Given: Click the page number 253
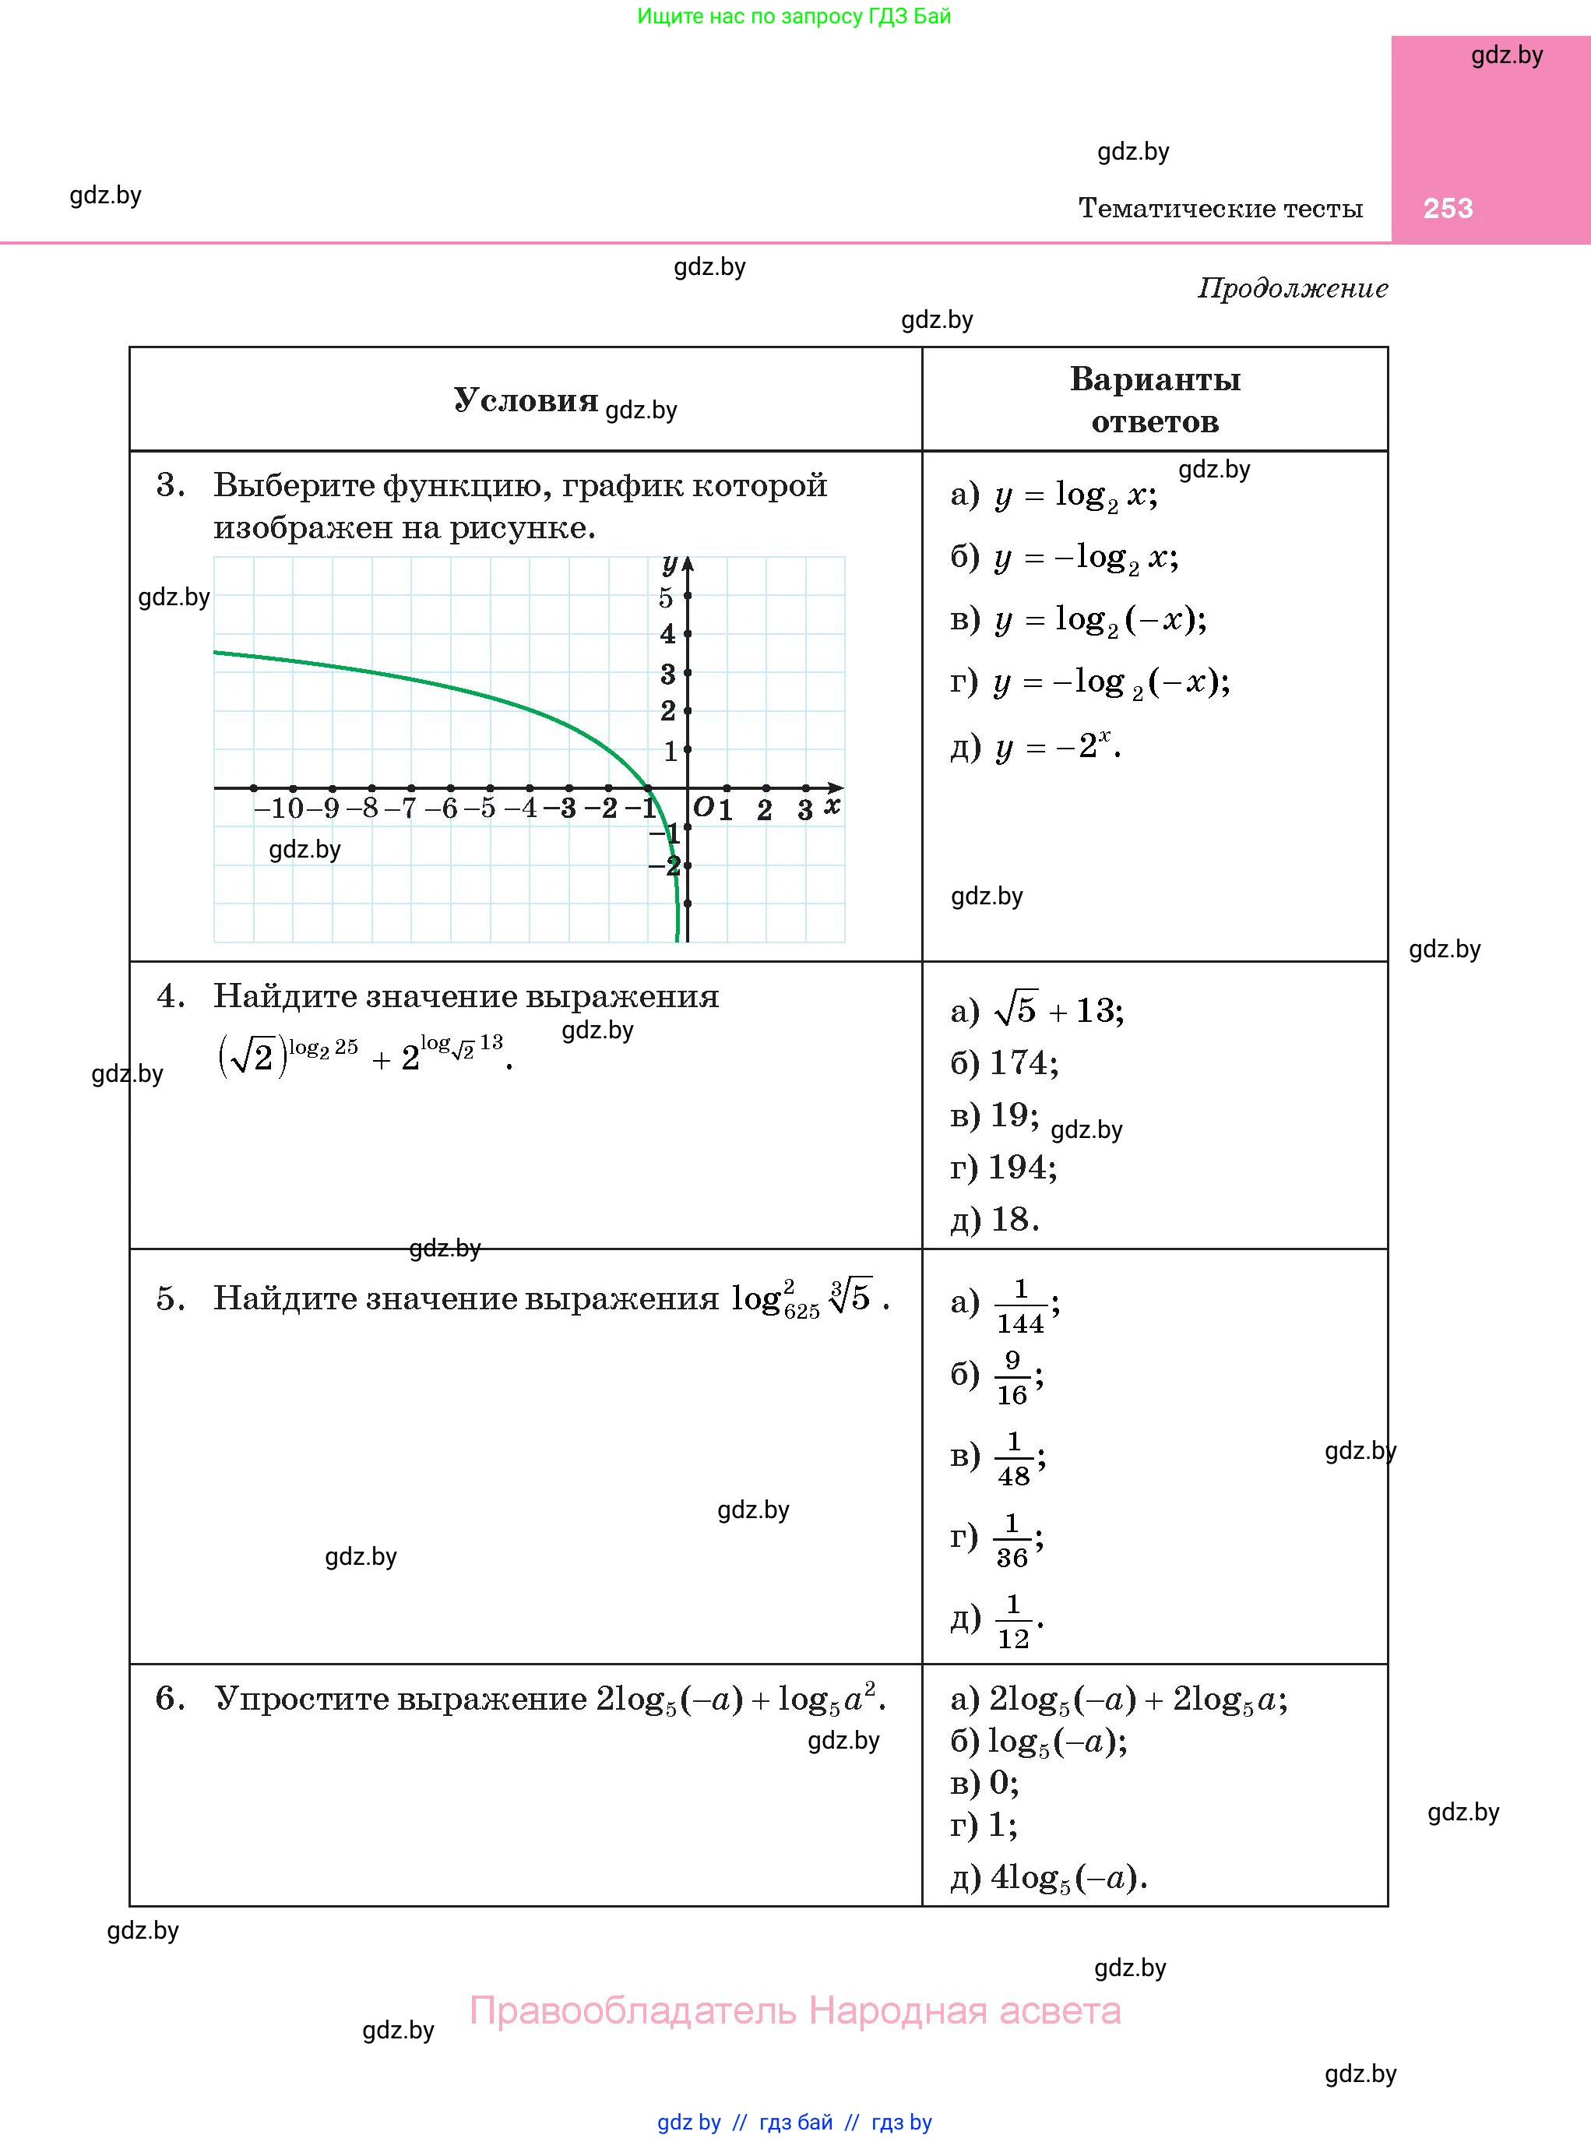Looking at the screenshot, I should pos(1448,208).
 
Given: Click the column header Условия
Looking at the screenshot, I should pos(526,400).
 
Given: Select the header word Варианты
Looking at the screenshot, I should pos(1155,379).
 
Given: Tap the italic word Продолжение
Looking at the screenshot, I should pos(1293,288).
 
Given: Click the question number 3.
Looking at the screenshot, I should pos(171,485).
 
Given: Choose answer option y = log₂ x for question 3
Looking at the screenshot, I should pos(1054,495).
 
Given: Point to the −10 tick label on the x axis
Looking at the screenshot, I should pos(278,808).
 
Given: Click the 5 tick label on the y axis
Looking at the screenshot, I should pos(666,598).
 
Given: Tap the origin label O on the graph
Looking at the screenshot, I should pos(704,807).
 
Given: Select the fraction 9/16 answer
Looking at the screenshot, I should pos(1012,1377).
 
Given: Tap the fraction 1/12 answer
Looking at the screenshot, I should pos(1012,1621).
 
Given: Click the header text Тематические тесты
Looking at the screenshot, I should pos(1220,208).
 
